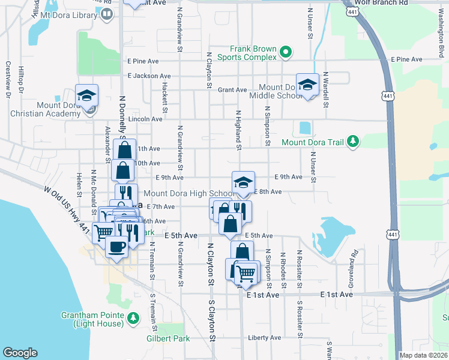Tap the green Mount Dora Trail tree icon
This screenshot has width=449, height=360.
pos(354,142)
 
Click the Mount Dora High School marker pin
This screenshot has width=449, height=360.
pos(243,183)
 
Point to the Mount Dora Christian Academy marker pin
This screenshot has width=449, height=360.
pos(86,96)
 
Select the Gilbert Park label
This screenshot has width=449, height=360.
pos(168,338)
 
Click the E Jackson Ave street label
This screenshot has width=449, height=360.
pos(149,76)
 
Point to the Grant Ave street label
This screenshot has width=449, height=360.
pos(232,90)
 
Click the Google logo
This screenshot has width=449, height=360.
pos(20,353)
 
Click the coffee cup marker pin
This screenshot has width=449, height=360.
pos(116,245)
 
